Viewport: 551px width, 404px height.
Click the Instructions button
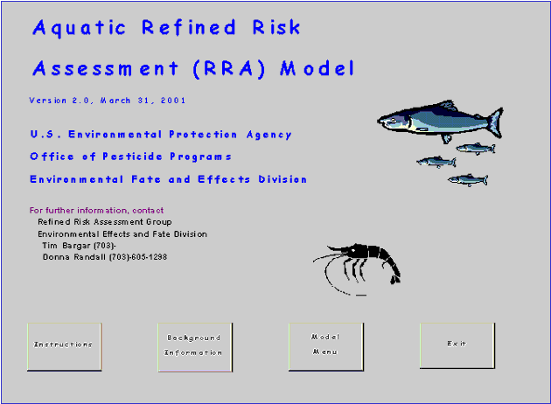[x=65, y=347]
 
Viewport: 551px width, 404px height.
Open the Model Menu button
[x=326, y=347]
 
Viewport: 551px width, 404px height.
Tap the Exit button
[x=457, y=345]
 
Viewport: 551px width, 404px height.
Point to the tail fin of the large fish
[x=495, y=123]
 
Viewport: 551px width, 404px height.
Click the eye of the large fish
[x=394, y=121]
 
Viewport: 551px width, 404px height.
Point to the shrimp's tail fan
[x=395, y=280]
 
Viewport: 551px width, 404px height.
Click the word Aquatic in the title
[x=79, y=28]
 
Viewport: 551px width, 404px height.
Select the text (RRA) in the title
[x=229, y=68]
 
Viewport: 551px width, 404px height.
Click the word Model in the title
[x=317, y=68]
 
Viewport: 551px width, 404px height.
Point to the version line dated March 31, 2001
[x=108, y=101]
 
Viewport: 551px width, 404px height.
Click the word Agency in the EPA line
[x=269, y=135]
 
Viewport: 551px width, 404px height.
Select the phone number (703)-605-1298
[x=138, y=257]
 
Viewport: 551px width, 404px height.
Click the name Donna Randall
[x=73, y=257]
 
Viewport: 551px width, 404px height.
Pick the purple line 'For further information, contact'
[x=96, y=211]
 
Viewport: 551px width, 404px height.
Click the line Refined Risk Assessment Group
[x=105, y=222]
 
